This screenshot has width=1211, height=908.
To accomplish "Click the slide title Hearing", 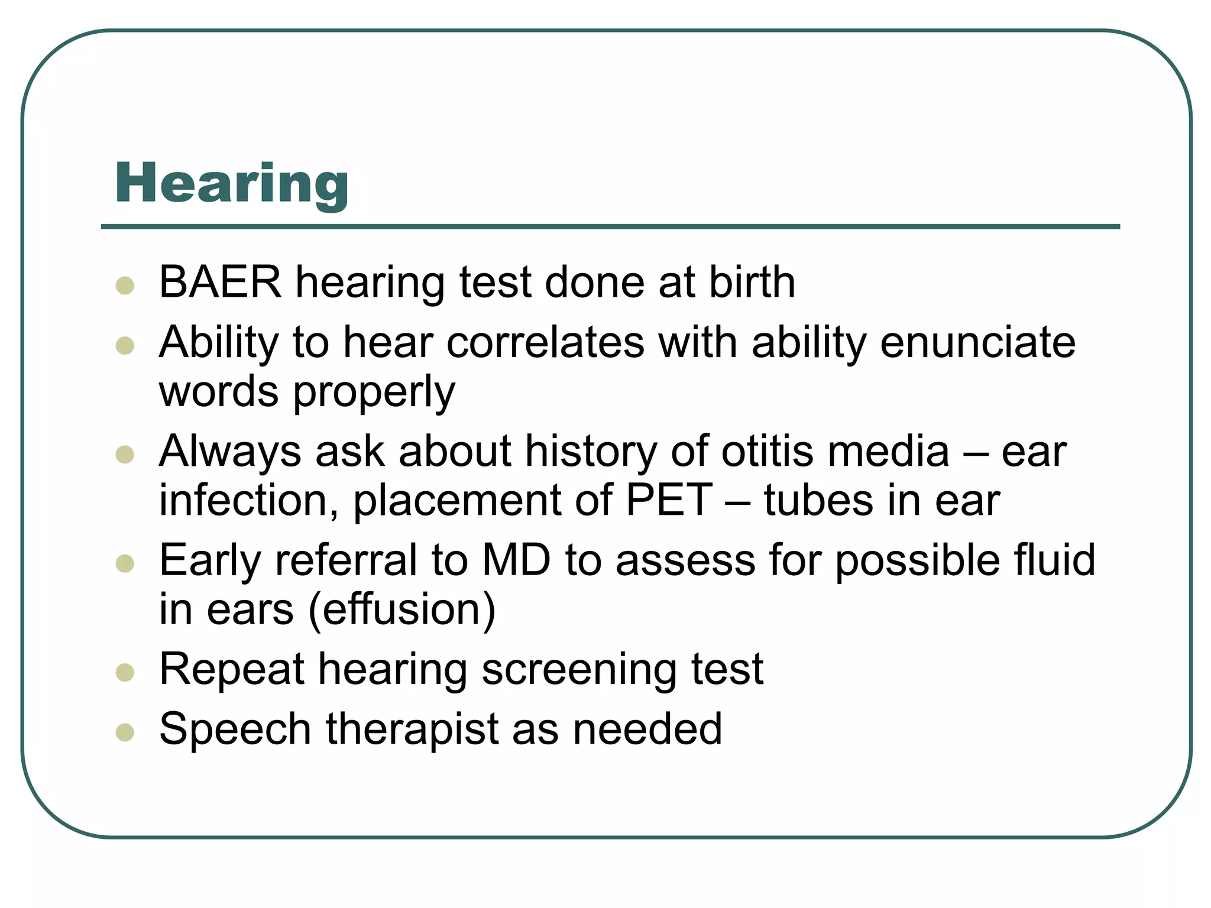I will (232, 184).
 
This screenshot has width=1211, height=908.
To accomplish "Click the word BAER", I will (220, 282).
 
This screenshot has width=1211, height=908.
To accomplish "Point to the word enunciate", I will (977, 342).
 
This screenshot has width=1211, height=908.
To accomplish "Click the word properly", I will (374, 393).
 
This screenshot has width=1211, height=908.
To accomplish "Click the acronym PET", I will (669, 501).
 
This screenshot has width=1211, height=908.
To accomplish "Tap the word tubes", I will (818, 501).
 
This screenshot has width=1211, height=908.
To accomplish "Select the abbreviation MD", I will (516, 560).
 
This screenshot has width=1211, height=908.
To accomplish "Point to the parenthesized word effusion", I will (402, 609).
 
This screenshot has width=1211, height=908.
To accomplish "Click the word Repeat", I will (232, 670).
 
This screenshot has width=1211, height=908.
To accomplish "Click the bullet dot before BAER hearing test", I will (125, 286).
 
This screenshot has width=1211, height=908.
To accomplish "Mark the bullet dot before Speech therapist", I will (125, 732).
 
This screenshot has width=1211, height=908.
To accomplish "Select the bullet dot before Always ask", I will (125, 455).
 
